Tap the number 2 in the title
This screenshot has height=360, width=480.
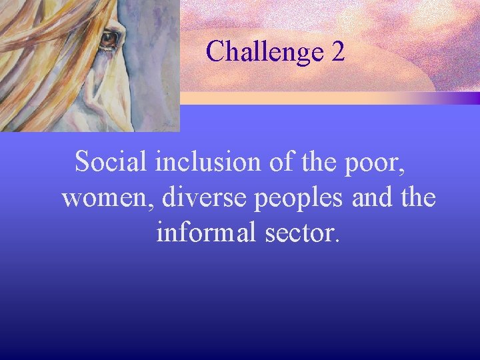(x=337, y=51)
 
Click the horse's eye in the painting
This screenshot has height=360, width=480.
(x=109, y=40)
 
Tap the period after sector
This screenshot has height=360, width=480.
(x=337, y=241)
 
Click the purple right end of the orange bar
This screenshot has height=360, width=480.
(x=467, y=98)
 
